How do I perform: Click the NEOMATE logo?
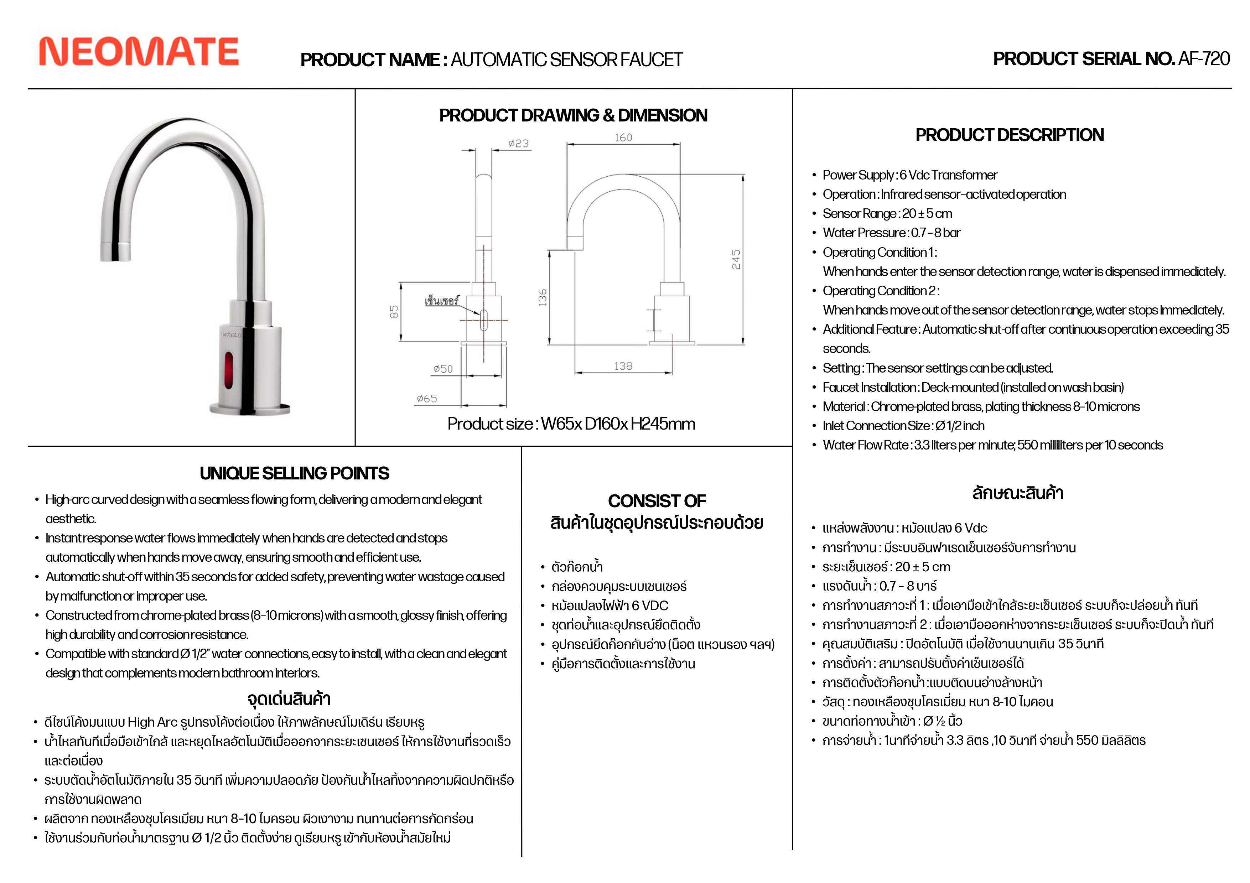click(139, 52)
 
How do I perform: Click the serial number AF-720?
click(1203, 59)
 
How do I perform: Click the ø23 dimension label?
click(518, 144)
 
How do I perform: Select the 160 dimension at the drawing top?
click(623, 138)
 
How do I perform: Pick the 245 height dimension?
click(736, 260)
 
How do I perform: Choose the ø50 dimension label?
click(443, 369)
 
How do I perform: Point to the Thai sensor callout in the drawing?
click(441, 301)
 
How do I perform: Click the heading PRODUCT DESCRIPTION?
click(1009, 135)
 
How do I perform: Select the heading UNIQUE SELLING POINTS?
click(295, 474)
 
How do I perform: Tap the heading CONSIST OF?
click(657, 501)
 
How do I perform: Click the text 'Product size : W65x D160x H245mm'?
click(571, 424)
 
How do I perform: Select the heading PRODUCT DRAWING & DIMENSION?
click(573, 115)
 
